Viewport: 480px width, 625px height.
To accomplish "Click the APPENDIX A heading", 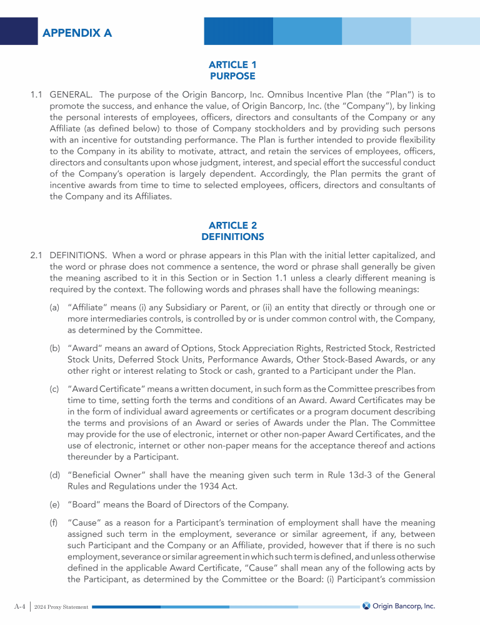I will [77, 32].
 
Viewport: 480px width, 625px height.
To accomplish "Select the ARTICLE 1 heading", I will [232, 64].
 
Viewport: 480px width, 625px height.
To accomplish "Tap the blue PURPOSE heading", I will [232, 76].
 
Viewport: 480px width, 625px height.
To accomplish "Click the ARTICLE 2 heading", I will [232, 225].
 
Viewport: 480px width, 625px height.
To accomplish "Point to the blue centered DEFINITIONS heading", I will [232, 237].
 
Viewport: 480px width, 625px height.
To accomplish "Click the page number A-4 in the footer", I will [21, 606].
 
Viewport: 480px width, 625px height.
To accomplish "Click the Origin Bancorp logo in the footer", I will [399, 606].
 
